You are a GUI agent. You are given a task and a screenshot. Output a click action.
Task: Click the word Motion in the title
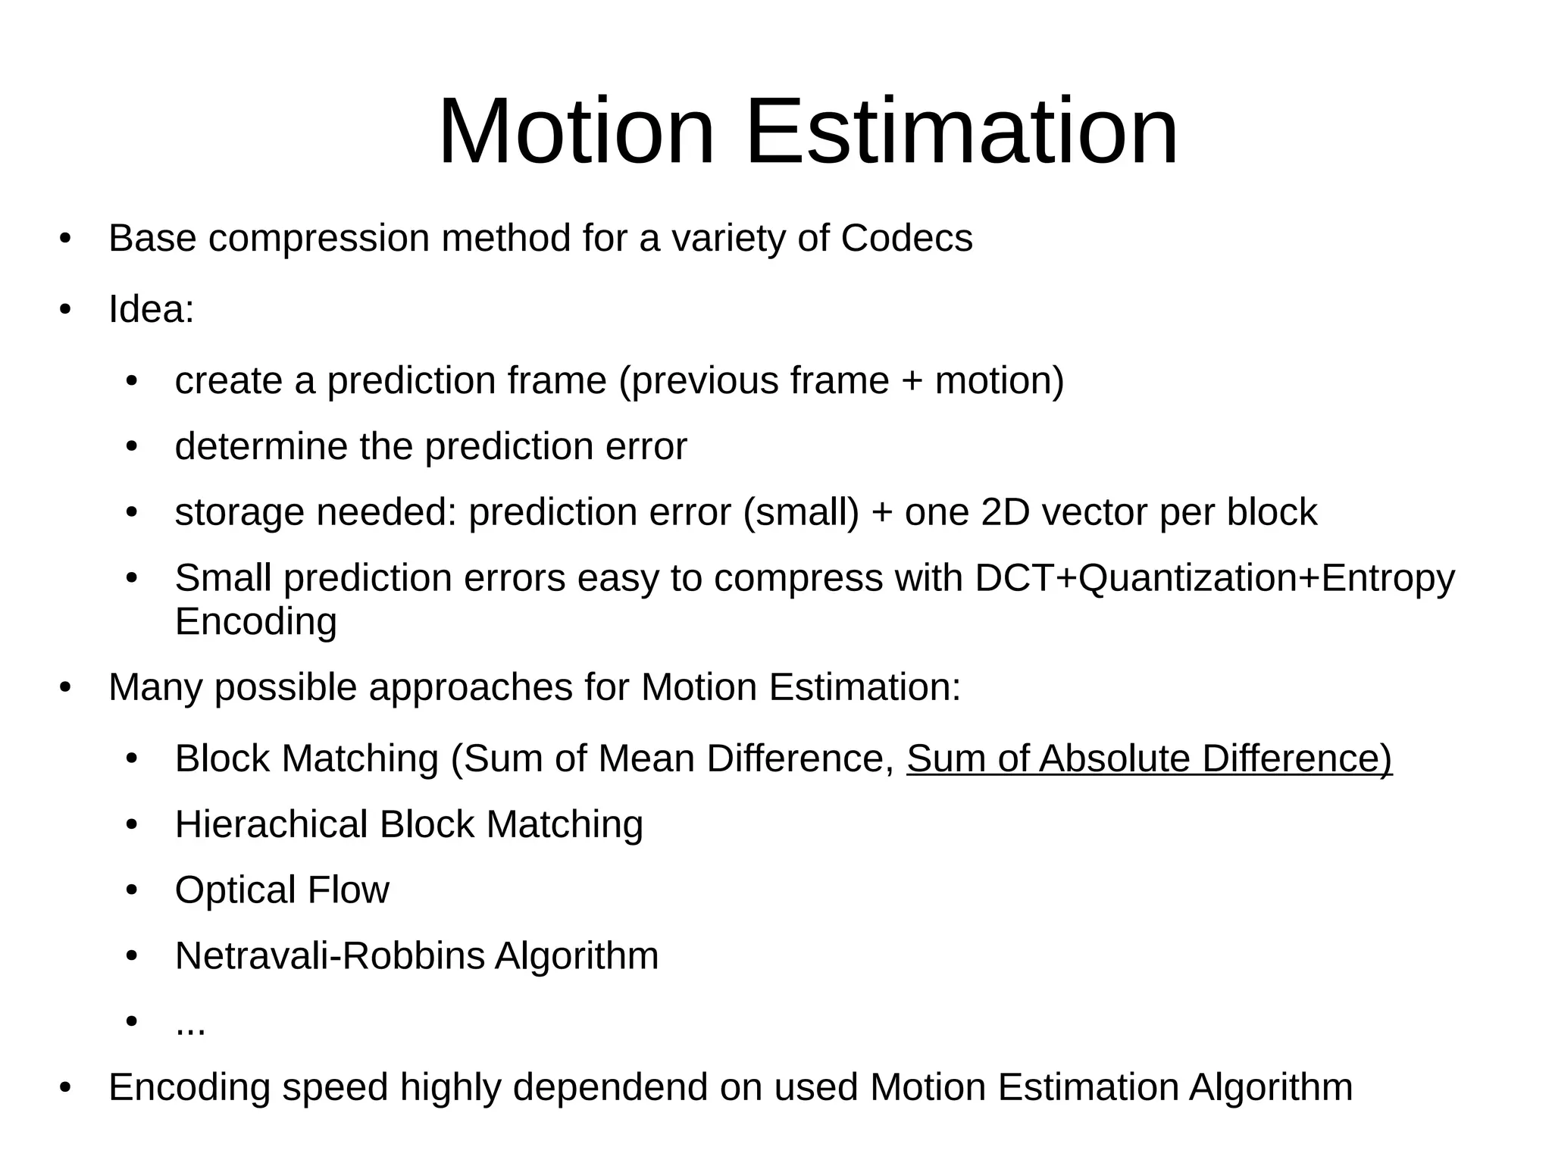coord(576,132)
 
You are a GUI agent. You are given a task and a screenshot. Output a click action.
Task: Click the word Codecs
coord(906,239)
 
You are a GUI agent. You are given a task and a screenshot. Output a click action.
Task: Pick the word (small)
coord(801,513)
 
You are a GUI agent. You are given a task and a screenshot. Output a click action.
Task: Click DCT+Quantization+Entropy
coord(1215,578)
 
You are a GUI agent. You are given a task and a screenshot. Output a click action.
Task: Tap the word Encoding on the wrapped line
coord(255,622)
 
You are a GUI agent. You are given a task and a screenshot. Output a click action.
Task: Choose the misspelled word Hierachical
coord(271,824)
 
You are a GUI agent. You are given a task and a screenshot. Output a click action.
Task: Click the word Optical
coord(235,890)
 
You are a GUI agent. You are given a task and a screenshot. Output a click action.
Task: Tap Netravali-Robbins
coord(330,955)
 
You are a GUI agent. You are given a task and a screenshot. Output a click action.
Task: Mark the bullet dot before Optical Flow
coord(132,889)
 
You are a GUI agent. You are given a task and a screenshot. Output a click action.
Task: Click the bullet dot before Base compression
coord(65,239)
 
